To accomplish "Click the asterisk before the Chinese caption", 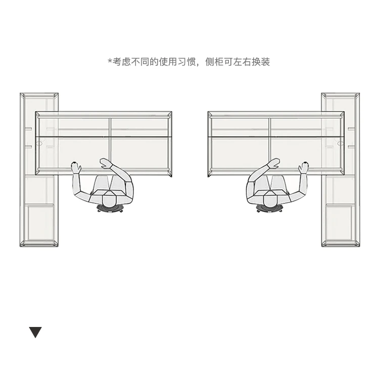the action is (110, 62).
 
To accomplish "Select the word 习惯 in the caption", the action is (186, 62).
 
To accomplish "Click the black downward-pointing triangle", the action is (35, 333).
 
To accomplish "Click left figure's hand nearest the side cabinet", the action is (76, 167).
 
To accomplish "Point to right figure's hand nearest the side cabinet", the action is (303, 167).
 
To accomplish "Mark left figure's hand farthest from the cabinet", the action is (105, 163).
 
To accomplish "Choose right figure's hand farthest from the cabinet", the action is (273, 163).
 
